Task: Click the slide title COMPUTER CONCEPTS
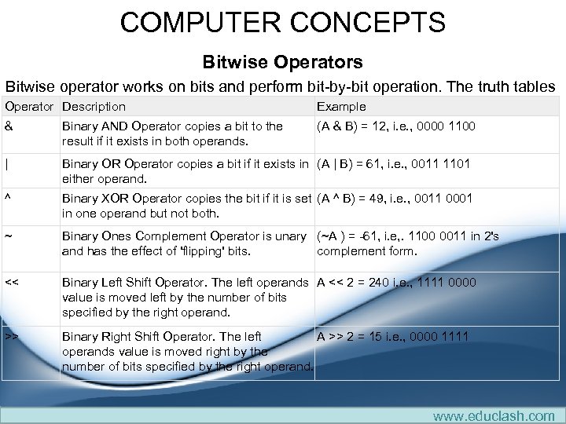[x=282, y=22]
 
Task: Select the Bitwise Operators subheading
[x=282, y=61]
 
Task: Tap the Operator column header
[x=29, y=106]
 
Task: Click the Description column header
[x=94, y=106]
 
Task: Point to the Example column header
[x=341, y=106]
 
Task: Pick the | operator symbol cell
[x=7, y=164]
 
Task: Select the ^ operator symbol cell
[x=8, y=199]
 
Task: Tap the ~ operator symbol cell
[x=8, y=236]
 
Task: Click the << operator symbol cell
[x=12, y=283]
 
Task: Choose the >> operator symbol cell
[x=12, y=337]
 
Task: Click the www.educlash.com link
[x=494, y=415]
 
